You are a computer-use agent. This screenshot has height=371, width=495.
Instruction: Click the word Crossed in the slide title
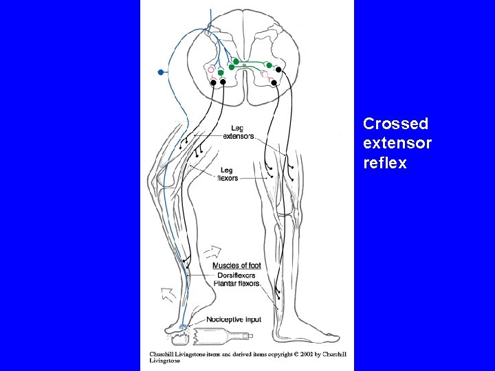tap(395, 124)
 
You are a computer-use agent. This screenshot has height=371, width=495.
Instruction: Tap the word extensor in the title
tap(397, 144)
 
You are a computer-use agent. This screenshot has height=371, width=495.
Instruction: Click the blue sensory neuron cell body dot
tap(160, 71)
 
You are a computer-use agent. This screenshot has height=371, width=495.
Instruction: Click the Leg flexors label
tap(227, 174)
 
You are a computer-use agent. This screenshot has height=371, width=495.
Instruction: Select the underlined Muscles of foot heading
tap(236, 266)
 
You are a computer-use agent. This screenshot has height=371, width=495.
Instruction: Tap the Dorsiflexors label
tap(236, 275)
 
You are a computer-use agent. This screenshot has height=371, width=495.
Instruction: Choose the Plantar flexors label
tap(236, 283)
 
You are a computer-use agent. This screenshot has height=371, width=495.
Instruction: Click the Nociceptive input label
tap(234, 320)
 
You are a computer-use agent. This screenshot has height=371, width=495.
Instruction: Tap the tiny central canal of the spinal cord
tap(244, 65)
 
